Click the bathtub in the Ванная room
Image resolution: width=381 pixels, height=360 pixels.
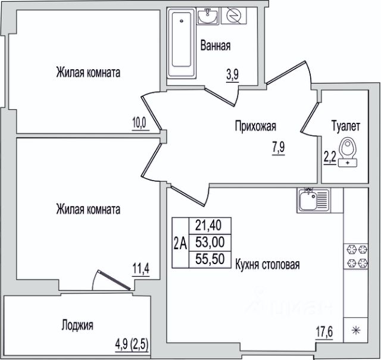click(x=182, y=44)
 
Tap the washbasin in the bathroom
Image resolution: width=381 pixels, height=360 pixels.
click(x=207, y=16)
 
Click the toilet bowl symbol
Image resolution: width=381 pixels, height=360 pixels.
click(x=348, y=153)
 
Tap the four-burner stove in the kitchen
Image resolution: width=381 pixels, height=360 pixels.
click(x=355, y=256)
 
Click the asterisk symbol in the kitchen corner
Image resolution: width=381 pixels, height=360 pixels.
click(x=355, y=331)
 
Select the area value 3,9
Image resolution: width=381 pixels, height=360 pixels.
click(x=232, y=75)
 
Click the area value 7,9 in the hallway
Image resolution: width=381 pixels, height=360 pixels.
click(x=278, y=148)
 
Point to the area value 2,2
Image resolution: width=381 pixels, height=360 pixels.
click(x=330, y=157)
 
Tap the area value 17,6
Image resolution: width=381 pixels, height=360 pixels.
click(x=324, y=332)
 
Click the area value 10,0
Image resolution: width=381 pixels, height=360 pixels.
click(x=140, y=123)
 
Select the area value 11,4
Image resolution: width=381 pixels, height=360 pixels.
click(x=140, y=269)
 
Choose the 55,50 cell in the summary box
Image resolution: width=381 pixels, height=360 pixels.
click(x=210, y=259)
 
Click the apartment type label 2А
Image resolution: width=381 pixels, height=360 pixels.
click(x=180, y=244)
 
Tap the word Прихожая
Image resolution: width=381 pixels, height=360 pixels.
click(x=255, y=126)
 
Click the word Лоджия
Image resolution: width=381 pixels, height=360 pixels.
click(x=77, y=325)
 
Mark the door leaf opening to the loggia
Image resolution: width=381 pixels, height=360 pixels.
click(x=114, y=280)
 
